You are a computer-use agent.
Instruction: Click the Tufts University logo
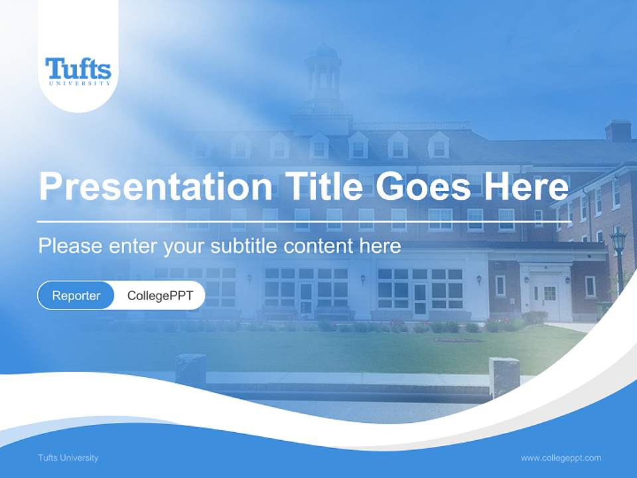[x=78, y=71]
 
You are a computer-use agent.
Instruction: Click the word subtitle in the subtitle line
[x=244, y=246]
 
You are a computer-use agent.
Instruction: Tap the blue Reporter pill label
[x=76, y=295]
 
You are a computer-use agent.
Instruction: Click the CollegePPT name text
[x=160, y=295]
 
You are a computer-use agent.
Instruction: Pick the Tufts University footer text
[x=68, y=457]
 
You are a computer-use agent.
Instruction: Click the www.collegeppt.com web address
[x=561, y=457]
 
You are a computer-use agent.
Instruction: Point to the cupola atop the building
[x=324, y=73]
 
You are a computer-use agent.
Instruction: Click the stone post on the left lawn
[x=190, y=369]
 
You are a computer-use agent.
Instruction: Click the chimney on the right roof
[x=618, y=130]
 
